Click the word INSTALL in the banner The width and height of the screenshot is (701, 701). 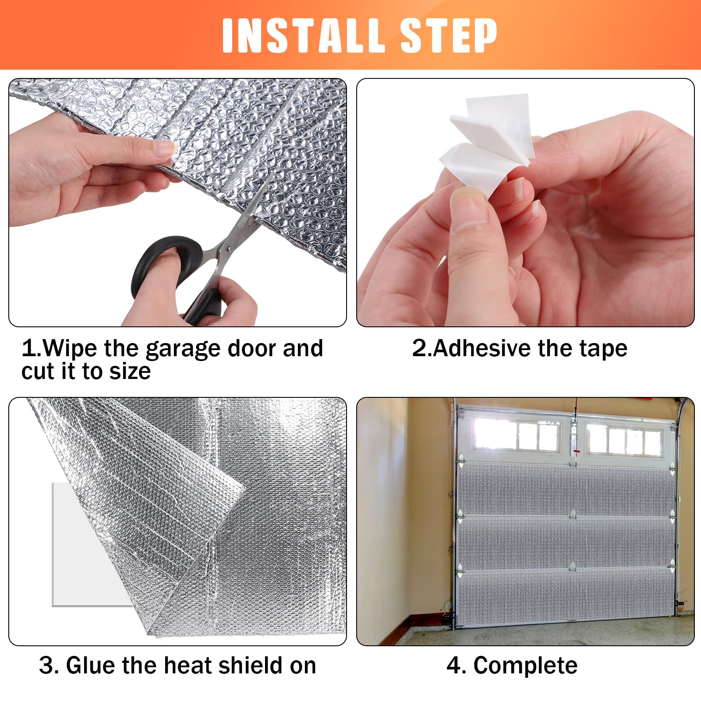point(302,36)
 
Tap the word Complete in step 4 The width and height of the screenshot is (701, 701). point(525,666)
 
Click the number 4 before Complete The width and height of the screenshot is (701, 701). point(453,666)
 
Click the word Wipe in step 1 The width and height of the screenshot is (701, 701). point(70,349)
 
